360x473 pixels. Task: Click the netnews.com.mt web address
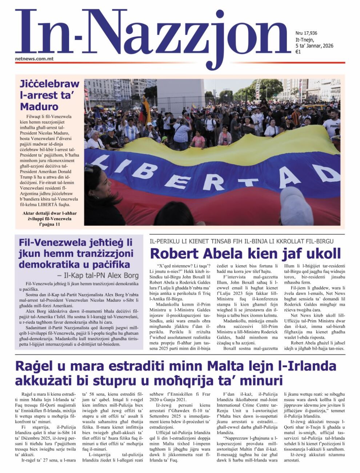(x=35, y=59)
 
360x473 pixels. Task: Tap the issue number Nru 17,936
(x=306, y=33)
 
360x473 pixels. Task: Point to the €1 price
(x=298, y=52)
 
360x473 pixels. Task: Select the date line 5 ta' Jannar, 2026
(x=314, y=46)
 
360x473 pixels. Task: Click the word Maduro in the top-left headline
(x=39, y=107)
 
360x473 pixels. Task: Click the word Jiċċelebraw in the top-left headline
(x=49, y=84)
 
